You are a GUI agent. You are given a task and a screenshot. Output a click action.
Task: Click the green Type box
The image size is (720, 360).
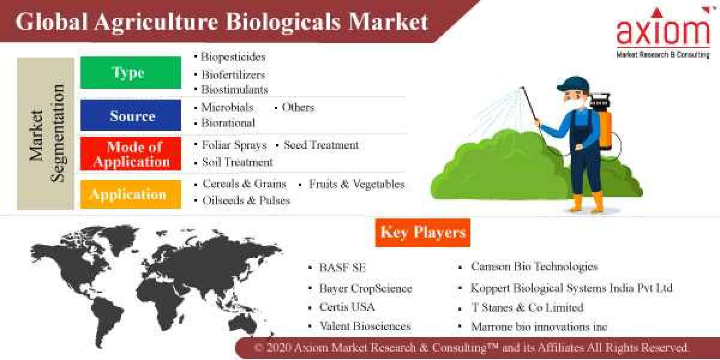pyautogui.click(x=130, y=73)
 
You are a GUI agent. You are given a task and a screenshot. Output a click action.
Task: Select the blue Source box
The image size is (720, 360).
pyautogui.click(x=130, y=115)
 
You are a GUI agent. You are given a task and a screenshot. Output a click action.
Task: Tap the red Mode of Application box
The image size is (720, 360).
pyautogui.click(x=130, y=154)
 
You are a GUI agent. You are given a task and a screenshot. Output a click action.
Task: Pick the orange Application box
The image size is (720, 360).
pyautogui.click(x=130, y=194)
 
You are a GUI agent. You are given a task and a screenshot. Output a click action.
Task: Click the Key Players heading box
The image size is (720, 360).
pyautogui.click(x=422, y=233)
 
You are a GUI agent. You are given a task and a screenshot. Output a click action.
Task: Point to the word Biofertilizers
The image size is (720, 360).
pyautogui.click(x=233, y=75)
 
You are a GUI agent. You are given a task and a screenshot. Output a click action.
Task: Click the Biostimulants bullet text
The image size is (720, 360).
pyautogui.click(x=234, y=89)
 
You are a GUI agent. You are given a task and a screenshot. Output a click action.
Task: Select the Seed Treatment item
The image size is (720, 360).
pyautogui.click(x=321, y=145)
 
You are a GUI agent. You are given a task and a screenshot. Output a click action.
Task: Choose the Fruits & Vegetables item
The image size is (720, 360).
pyautogui.click(x=356, y=184)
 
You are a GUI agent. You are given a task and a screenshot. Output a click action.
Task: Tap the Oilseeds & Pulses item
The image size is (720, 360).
pyautogui.click(x=246, y=200)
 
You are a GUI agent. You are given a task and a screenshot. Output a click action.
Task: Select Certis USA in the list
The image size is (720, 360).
pyautogui.click(x=347, y=307)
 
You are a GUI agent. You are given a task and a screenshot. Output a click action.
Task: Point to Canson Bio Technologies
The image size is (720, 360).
pyautogui.click(x=534, y=266)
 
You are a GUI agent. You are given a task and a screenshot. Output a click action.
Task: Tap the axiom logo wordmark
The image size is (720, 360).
pyautogui.click(x=663, y=33)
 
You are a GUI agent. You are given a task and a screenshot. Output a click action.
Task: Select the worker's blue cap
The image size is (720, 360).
pyautogui.click(x=570, y=84)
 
